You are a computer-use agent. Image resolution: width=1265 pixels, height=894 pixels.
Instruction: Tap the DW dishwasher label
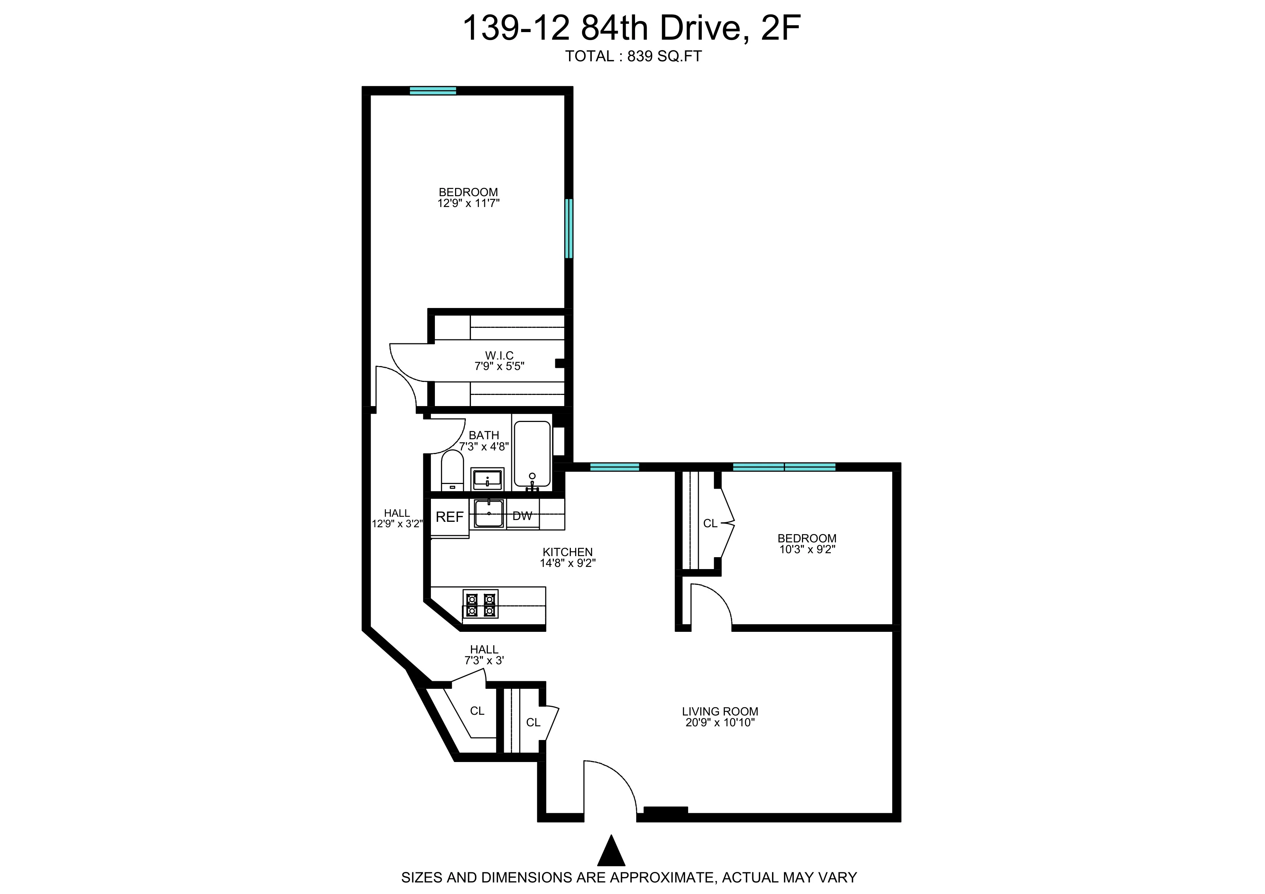[x=522, y=516]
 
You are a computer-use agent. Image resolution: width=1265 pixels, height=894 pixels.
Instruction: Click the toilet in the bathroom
[x=452, y=471]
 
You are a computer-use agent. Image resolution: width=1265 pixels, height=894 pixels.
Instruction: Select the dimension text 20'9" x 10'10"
[x=719, y=723]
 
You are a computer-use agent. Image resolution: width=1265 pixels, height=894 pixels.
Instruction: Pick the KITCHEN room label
[x=568, y=552]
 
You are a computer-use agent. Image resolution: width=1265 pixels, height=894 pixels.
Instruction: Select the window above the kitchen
[x=614, y=467]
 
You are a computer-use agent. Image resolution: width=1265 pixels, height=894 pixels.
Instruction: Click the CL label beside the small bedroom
[x=710, y=523]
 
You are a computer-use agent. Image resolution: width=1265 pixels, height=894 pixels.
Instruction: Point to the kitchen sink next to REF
[x=489, y=514]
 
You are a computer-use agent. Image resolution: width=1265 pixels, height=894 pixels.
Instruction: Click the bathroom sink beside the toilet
[x=487, y=479]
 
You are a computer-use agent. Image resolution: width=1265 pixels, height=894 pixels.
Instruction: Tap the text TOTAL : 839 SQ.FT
[x=633, y=56]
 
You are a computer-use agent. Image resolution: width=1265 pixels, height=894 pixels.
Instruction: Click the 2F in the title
[x=780, y=27]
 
